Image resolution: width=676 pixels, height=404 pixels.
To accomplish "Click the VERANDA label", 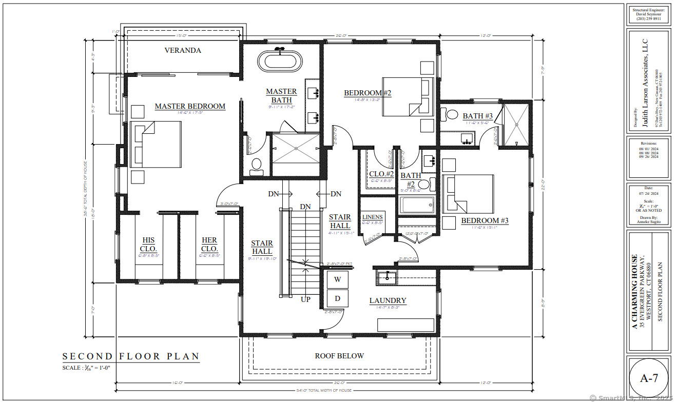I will [x=183, y=50].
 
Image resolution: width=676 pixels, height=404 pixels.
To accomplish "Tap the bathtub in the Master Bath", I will [x=280, y=61].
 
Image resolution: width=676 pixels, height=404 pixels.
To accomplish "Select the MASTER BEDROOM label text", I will [x=190, y=106].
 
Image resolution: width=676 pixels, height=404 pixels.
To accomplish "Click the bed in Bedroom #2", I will [x=402, y=97].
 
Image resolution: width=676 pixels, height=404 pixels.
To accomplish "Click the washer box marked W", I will [x=337, y=279].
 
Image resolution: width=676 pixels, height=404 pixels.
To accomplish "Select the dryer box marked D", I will [x=337, y=298].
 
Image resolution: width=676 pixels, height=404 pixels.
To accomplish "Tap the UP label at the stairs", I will [x=305, y=299].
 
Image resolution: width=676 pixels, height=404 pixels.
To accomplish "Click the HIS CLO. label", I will [x=148, y=244].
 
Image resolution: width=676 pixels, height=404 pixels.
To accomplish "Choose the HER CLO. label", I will [x=209, y=244].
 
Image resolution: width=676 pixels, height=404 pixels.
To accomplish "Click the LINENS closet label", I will [x=372, y=217].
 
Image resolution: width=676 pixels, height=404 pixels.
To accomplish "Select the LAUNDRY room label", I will [x=388, y=301].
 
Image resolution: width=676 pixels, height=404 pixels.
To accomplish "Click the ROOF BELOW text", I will [x=339, y=356].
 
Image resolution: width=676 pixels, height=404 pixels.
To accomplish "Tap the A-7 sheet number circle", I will [x=649, y=379].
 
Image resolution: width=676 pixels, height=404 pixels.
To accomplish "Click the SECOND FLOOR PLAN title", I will [x=131, y=356].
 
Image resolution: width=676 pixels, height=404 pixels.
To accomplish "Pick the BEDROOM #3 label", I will [x=485, y=220].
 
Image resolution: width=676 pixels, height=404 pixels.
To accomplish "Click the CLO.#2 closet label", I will [x=381, y=174].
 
